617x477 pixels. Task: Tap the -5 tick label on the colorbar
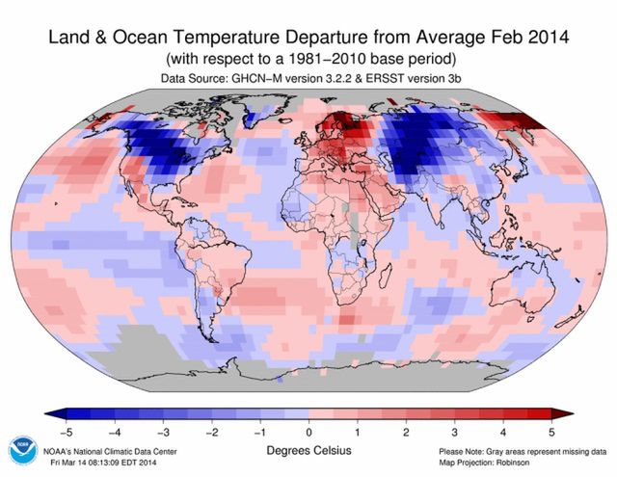pyautogui.click(x=66, y=431)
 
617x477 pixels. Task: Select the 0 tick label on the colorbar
pyautogui.click(x=308, y=431)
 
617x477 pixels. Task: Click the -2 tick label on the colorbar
pyautogui.click(x=211, y=431)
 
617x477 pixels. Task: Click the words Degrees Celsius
pyautogui.click(x=308, y=449)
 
